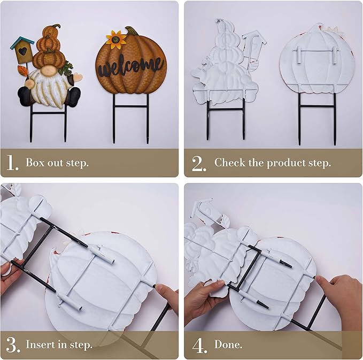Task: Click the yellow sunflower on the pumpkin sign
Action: click(x=115, y=39)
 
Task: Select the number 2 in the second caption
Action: click(x=198, y=163)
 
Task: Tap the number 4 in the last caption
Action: click(x=199, y=344)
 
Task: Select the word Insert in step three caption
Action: click(x=41, y=344)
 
